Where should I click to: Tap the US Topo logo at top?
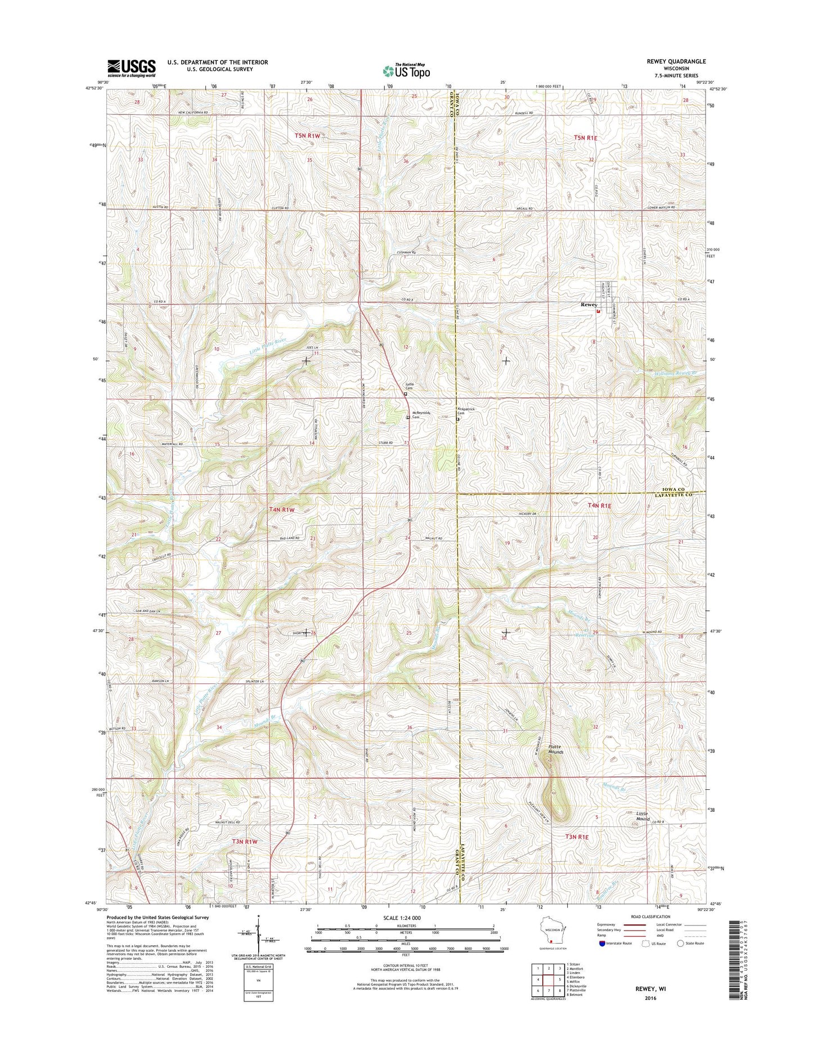pos(406,71)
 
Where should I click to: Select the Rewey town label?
pos(589,305)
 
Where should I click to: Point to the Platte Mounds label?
pos(556,749)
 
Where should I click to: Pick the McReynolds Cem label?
pos(416,416)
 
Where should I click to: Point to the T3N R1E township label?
pos(577,837)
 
